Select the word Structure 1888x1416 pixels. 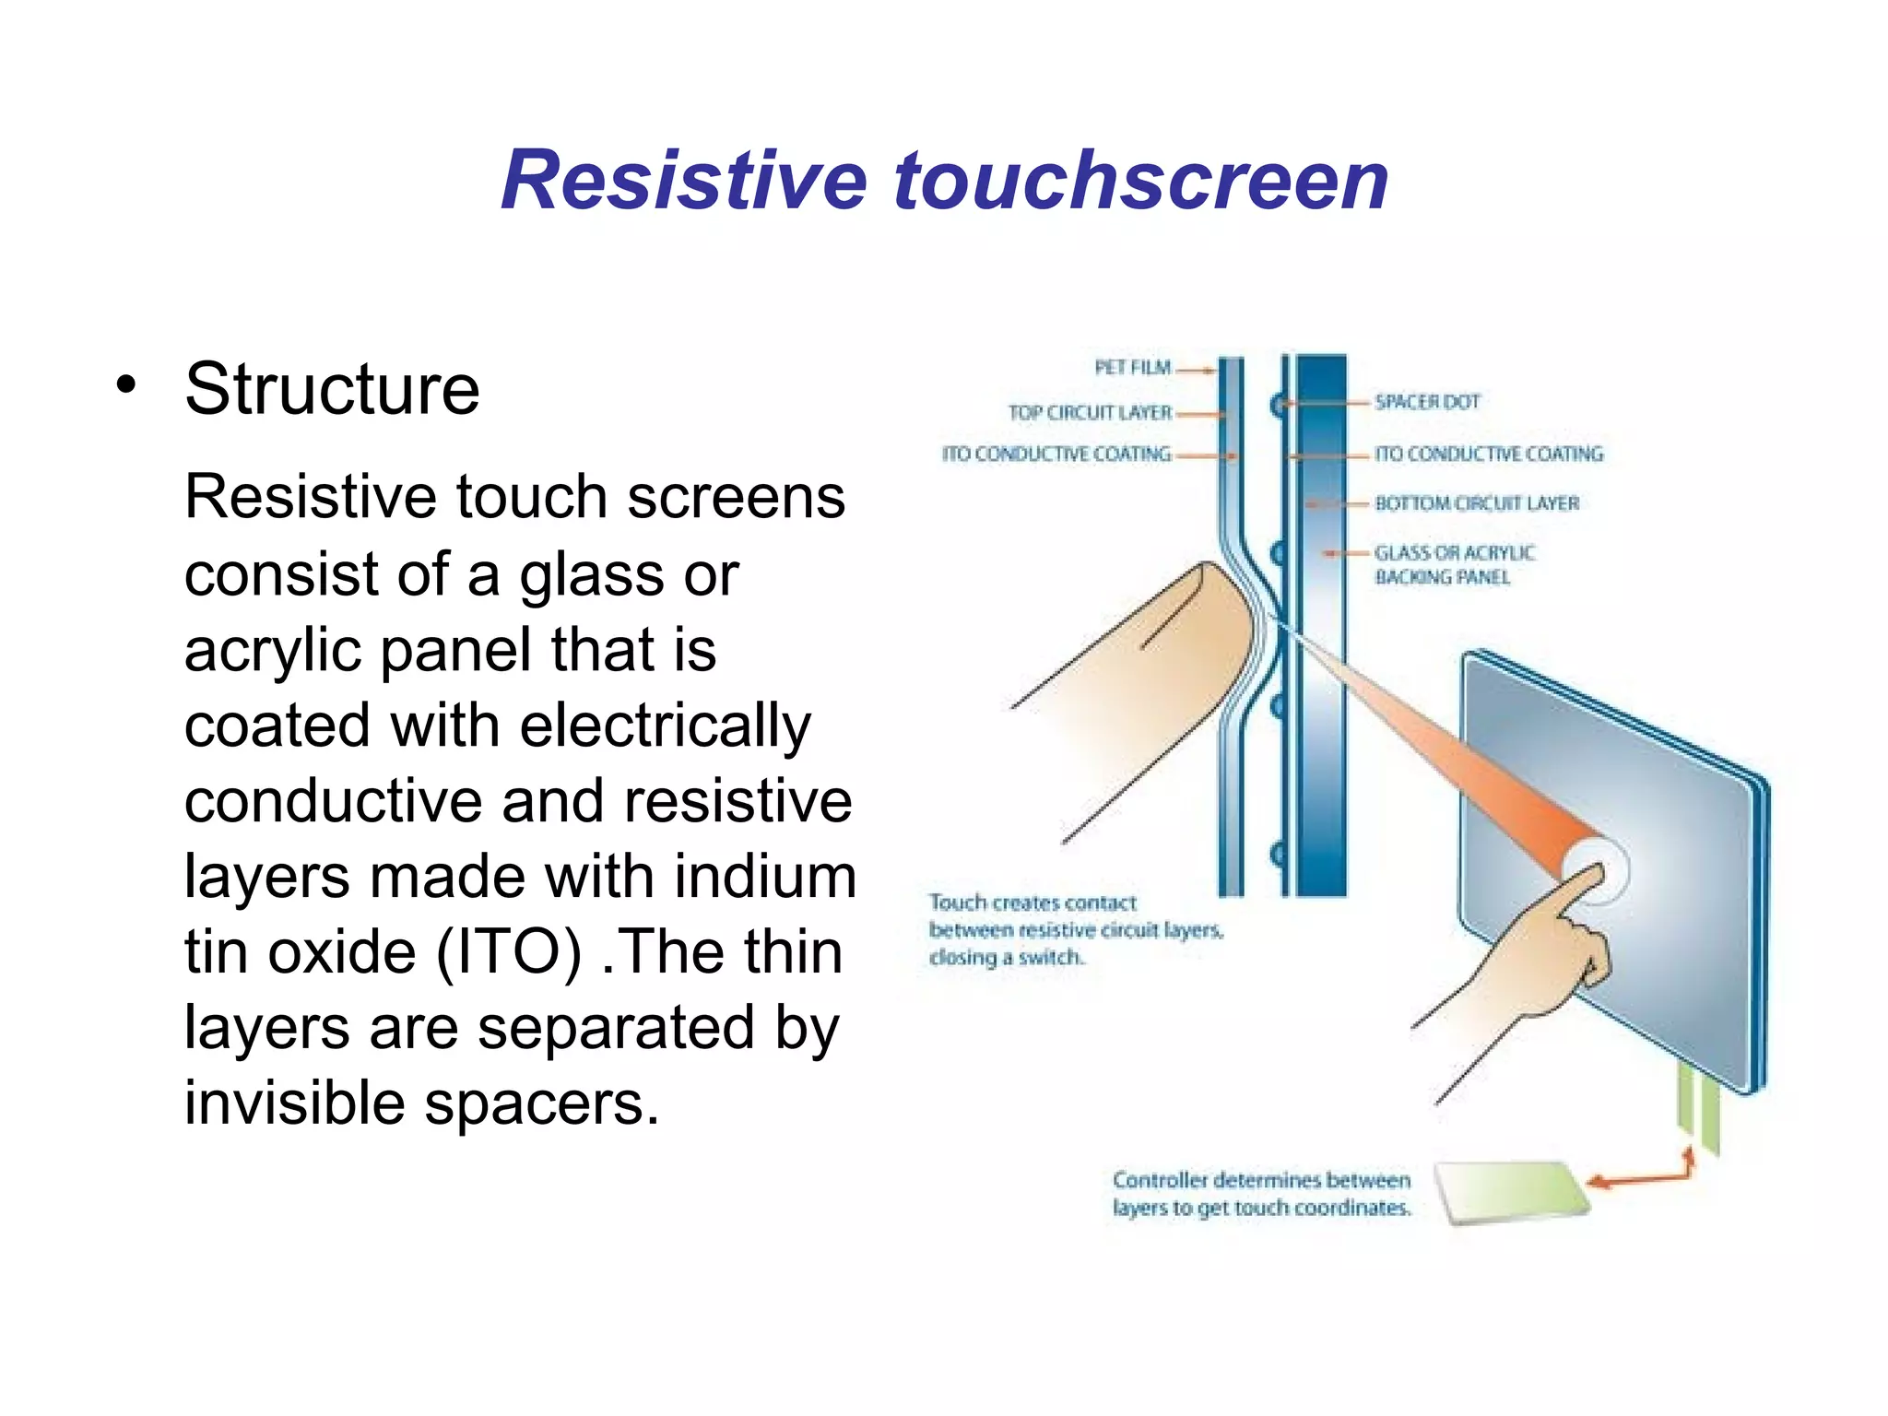(332, 389)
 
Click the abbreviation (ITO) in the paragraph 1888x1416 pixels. (508, 951)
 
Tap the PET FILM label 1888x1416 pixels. (1132, 368)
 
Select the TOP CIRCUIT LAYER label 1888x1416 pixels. (1090, 413)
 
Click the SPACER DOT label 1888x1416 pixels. (1427, 402)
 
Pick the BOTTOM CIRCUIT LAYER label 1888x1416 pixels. (1477, 503)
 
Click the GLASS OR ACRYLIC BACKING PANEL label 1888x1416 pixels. (1454, 564)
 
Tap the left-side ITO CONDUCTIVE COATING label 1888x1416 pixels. (1056, 454)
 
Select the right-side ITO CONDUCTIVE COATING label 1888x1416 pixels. (1488, 454)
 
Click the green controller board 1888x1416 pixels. (1513, 1192)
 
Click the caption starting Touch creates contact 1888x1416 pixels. (1075, 929)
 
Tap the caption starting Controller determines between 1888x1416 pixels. (1261, 1194)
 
